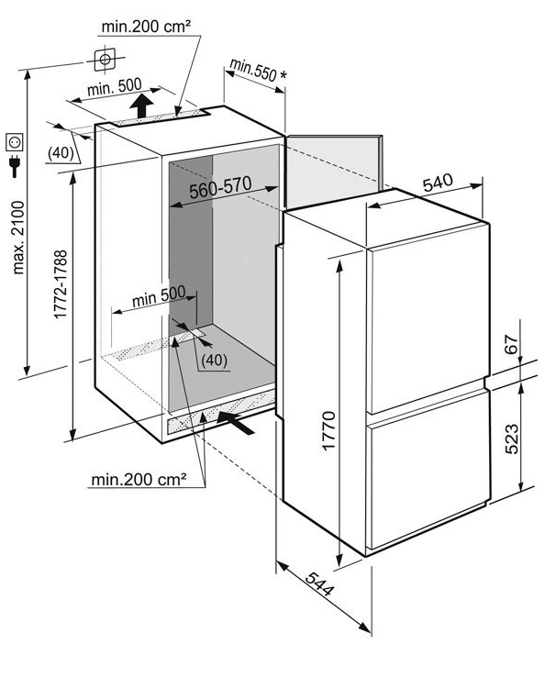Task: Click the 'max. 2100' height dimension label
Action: (x=18, y=238)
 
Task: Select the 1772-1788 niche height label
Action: (x=61, y=284)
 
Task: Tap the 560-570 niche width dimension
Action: (x=220, y=187)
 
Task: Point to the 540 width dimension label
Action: (x=438, y=183)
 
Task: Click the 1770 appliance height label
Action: (x=328, y=430)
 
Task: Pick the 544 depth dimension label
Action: (x=319, y=584)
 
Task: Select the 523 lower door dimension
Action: (x=512, y=438)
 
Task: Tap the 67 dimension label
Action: (x=512, y=344)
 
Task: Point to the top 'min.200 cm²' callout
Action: (x=146, y=27)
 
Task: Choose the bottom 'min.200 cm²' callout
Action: (x=139, y=480)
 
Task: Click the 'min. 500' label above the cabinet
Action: (x=115, y=86)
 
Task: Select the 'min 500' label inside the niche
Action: (x=159, y=296)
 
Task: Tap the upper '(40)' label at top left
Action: (x=61, y=152)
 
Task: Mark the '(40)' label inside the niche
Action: (x=214, y=361)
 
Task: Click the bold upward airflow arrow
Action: (x=141, y=105)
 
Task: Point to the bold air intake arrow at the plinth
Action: (x=236, y=422)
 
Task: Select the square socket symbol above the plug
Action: (x=14, y=142)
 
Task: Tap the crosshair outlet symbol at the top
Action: (x=105, y=59)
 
